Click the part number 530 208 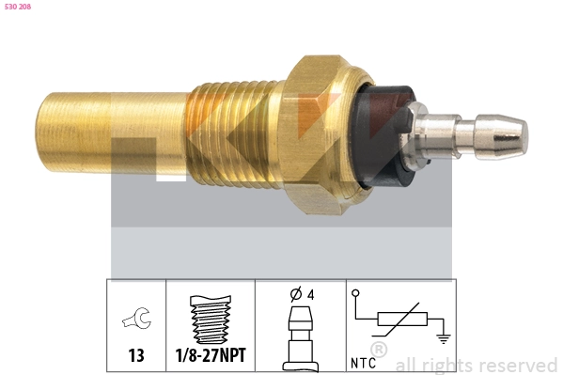point(18,7)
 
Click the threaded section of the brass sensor point(235,134)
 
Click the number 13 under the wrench point(136,355)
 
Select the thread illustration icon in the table point(211,319)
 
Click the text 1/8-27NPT point(211,355)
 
